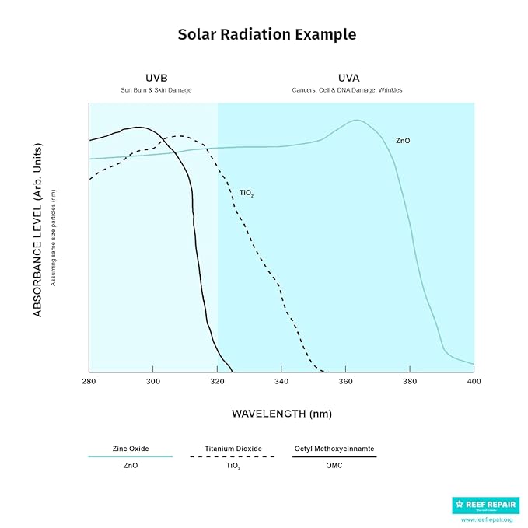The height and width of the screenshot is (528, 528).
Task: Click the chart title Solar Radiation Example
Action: (267, 34)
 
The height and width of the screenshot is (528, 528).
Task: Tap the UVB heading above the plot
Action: (156, 79)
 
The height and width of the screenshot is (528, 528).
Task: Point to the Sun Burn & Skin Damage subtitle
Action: (156, 90)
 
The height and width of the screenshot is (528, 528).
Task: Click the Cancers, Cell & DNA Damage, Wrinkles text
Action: (347, 90)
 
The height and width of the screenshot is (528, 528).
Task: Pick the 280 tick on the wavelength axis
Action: (89, 381)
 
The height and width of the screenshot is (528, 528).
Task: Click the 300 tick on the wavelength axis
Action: (152, 381)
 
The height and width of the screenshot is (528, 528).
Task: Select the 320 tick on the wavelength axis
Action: (217, 381)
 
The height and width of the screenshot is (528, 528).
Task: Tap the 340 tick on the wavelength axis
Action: (281, 381)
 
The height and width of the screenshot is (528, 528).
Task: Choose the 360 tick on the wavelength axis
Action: (345, 381)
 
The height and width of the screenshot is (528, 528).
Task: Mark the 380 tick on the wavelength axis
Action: (410, 381)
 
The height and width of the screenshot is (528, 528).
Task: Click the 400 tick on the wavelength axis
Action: (474, 381)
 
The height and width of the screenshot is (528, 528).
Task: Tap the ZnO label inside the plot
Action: (403, 141)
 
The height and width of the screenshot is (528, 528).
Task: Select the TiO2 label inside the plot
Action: (247, 193)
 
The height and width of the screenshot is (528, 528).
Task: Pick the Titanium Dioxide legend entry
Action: (233, 449)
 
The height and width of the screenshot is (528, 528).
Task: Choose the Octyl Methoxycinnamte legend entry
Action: (334, 449)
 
